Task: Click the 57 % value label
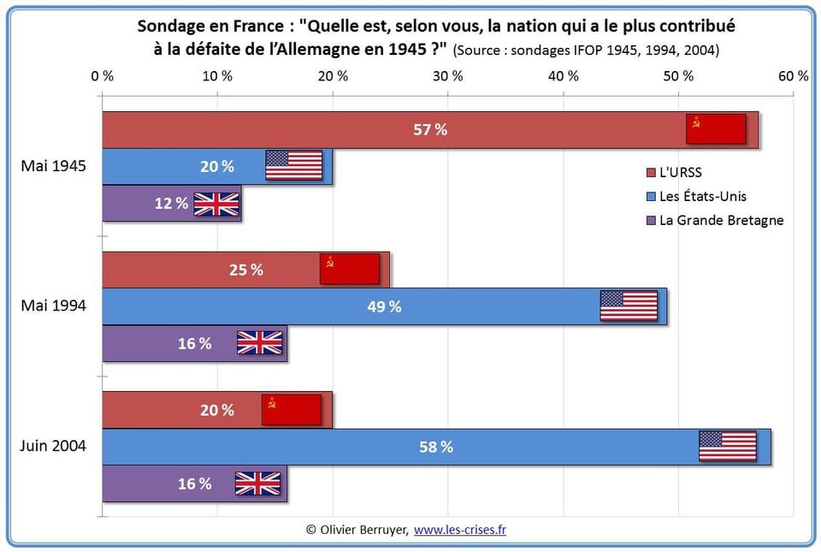[x=429, y=130]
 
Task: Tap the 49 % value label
[x=383, y=306]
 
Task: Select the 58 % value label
[x=435, y=447]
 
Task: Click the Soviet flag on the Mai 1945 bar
[x=716, y=129]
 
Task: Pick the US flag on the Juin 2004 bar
[x=728, y=446]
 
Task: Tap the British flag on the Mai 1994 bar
[x=259, y=342]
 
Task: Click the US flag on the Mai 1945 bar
[x=293, y=165]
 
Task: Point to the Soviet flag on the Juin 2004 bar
[x=292, y=410]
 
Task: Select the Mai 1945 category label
[x=53, y=166]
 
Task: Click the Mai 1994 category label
[x=53, y=306]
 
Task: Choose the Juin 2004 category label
[x=53, y=446]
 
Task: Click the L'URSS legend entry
[x=680, y=173]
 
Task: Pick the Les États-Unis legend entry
[x=702, y=196]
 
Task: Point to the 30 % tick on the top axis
[x=447, y=75]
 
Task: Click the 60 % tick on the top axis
[x=792, y=75]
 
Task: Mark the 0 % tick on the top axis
[x=103, y=75]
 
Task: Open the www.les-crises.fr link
[x=460, y=530]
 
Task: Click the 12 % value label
[x=171, y=203]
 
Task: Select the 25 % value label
[x=245, y=270]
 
